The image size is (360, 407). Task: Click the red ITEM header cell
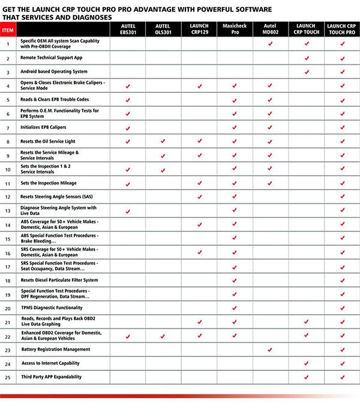pos(8,29)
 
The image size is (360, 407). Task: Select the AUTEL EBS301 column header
pos(127,29)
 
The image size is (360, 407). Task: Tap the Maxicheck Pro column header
pos(234,29)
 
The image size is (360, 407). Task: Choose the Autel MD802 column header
pos(270,29)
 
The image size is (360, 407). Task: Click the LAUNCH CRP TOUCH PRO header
pos(342,29)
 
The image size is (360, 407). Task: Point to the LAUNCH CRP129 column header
pos(199,29)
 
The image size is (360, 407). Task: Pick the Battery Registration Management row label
pos(56,349)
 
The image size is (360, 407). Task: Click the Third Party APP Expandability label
pos(51,377)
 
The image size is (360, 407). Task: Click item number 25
pos(8,377)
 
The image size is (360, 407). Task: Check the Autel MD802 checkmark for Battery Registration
pos(270,349)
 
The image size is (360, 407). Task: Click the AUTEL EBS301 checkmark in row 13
pos(127,211)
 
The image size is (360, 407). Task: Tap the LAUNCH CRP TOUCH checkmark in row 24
pos(306,363)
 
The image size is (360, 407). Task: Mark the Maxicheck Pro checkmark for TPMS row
pos(234,307)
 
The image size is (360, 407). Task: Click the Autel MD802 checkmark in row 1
pos(270,44)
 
